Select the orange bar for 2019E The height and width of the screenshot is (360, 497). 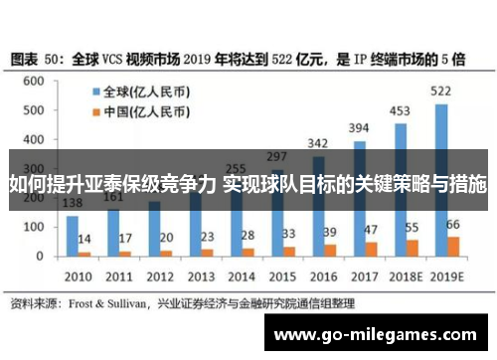pyautogui.click(x=453, y=247)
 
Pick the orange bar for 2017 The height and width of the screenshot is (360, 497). pyautogui.click(x=371, y=250)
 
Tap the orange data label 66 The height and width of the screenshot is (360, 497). pyautogui.click(x=454, y=225)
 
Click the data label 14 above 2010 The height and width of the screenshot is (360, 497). pyautogui.click(x=85, y=240)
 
